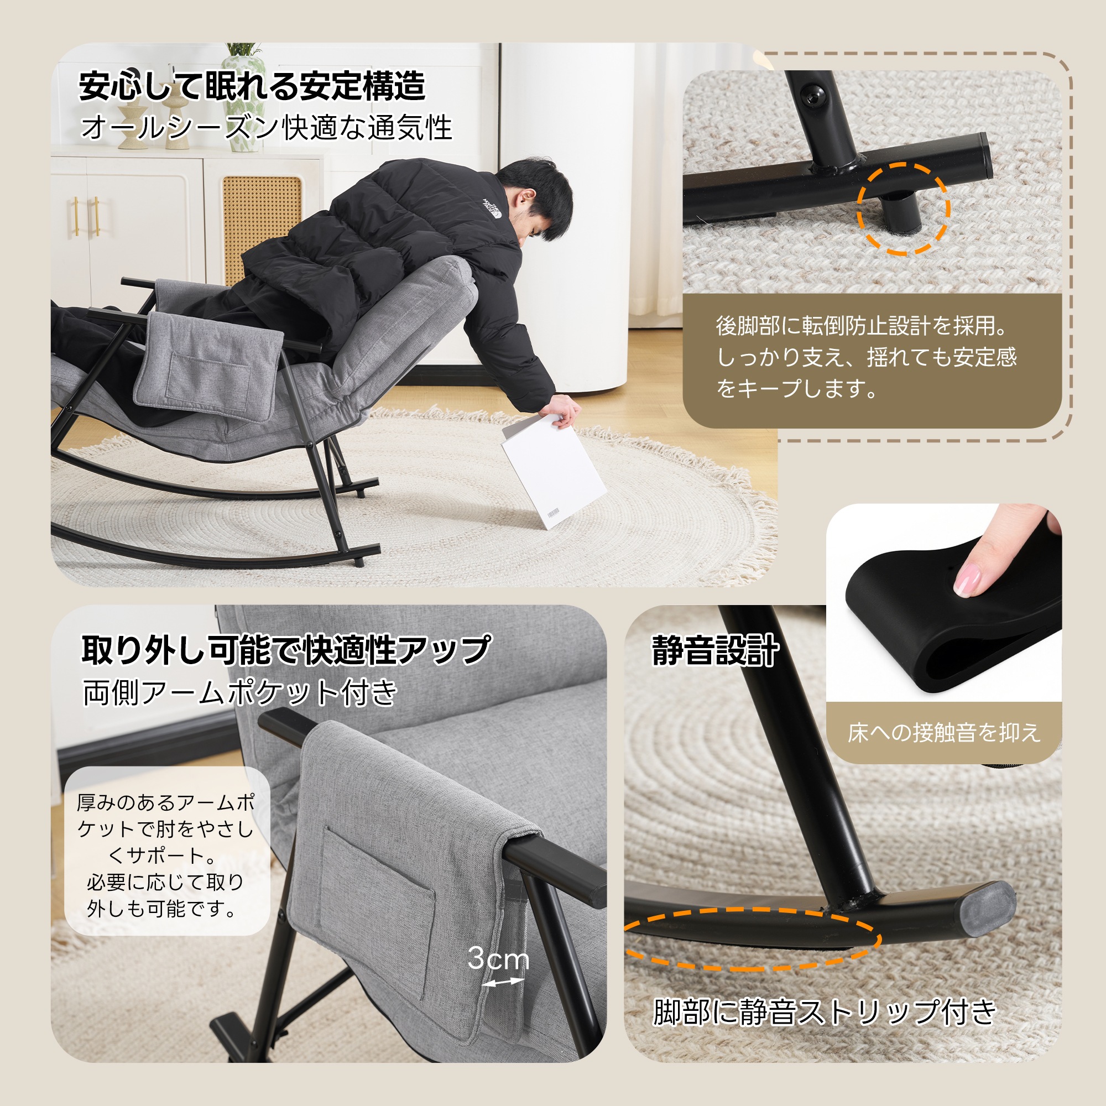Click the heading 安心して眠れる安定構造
click(252, 86)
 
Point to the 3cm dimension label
click(498, 958)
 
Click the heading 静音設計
click(716, 651)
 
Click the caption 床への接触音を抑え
click(943, 733)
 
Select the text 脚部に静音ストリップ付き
click(825, 1011)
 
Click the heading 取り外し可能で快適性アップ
click(286, 650)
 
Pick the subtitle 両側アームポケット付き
click(240, 692)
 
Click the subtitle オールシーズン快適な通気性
click(266, 127)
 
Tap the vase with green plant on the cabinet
click(244, 97)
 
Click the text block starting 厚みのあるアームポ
click(166, 856)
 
